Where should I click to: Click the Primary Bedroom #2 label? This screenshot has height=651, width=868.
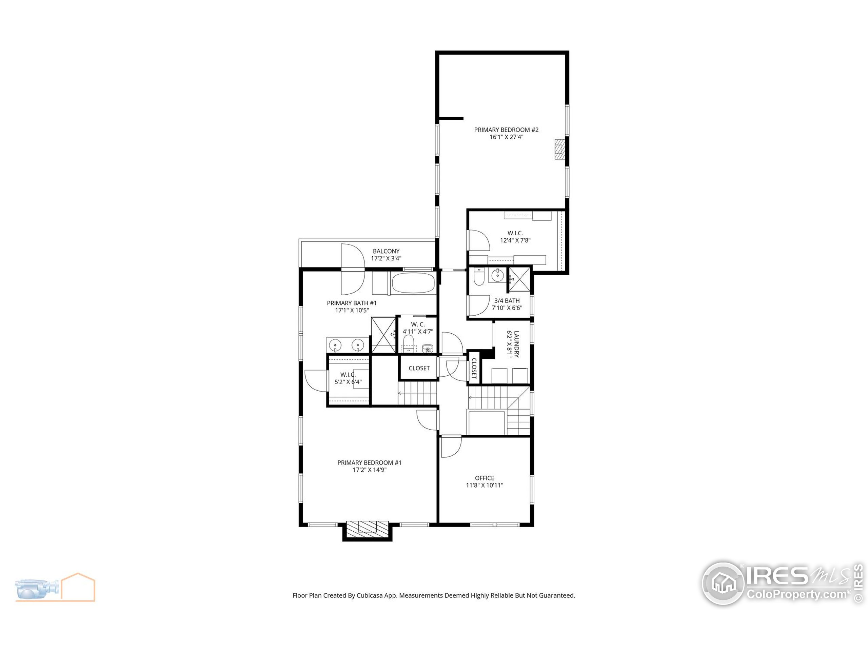click(506, 130)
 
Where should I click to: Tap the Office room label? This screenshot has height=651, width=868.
click(484, 478)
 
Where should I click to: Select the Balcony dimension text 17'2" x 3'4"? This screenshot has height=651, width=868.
click(386, 258)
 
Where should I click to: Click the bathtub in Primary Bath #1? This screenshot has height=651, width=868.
click(413, 283)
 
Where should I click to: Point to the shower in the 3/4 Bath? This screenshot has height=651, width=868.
click(519, 279)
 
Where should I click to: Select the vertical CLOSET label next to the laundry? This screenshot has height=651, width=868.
click(474, 368)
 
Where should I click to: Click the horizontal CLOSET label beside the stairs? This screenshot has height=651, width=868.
click(419, 368)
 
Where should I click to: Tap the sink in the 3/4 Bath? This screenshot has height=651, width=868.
click(497, 275)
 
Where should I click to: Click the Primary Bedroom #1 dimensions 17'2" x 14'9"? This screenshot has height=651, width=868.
click(369, 470)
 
